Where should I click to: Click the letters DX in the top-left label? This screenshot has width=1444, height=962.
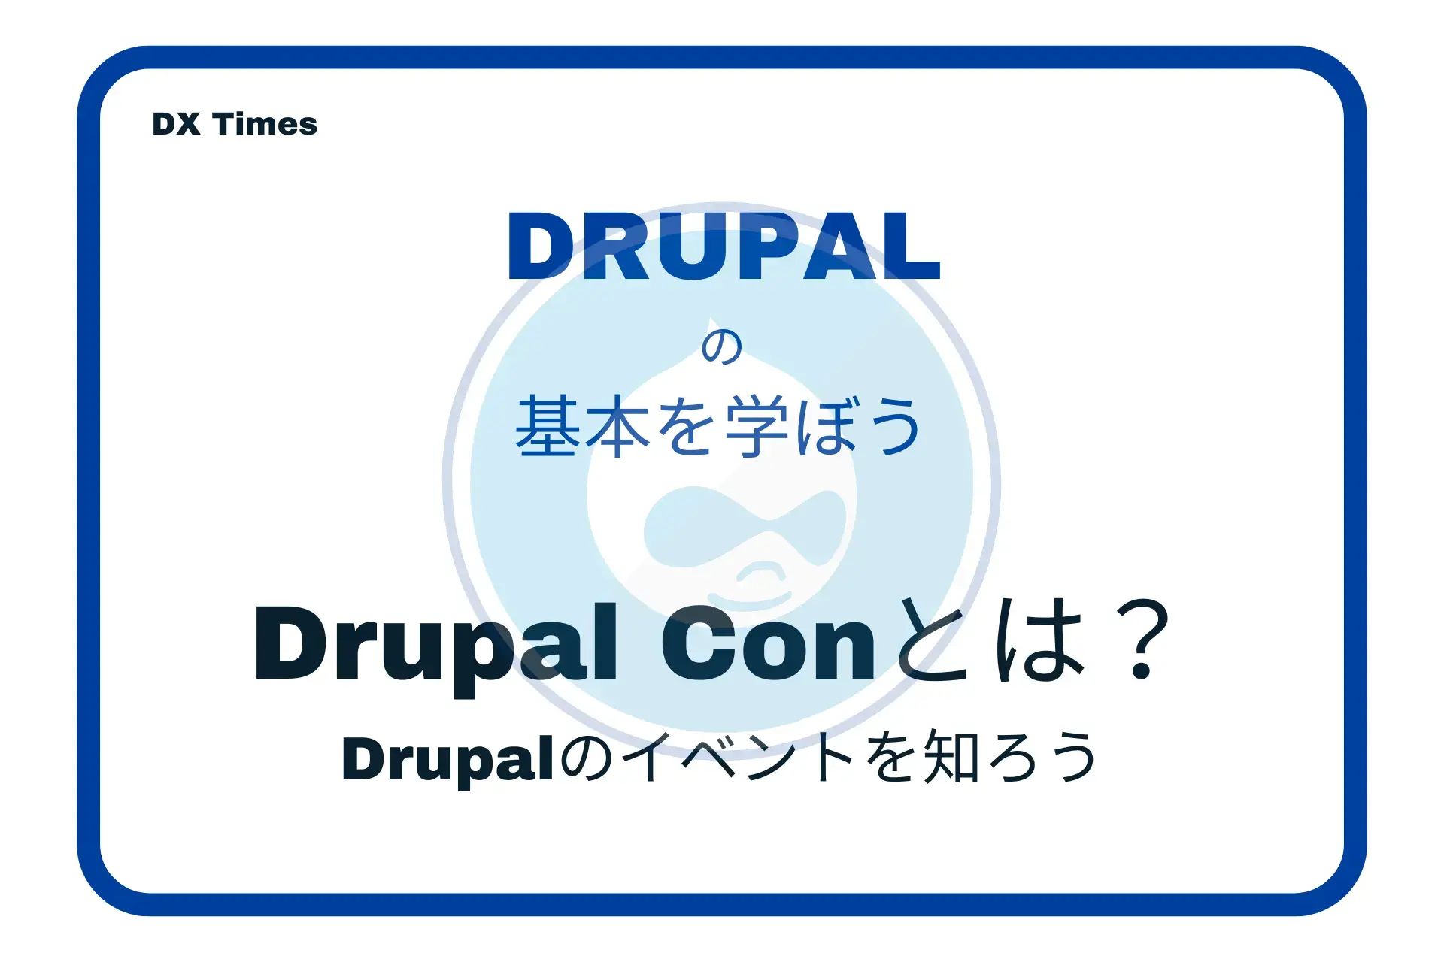click(176, 124)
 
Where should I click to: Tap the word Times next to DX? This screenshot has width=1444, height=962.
click(265, 124)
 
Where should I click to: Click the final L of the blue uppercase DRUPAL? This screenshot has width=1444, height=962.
click(912, 247)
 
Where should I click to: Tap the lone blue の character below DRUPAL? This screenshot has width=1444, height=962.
click(722, 347)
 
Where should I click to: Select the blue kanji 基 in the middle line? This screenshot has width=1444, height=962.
click(548, 426)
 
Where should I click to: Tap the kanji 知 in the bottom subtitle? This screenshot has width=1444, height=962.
click(952, 758)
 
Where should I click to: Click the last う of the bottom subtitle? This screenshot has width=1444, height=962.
click(1074, 758)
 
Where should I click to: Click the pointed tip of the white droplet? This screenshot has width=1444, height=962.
click(710, 319)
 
